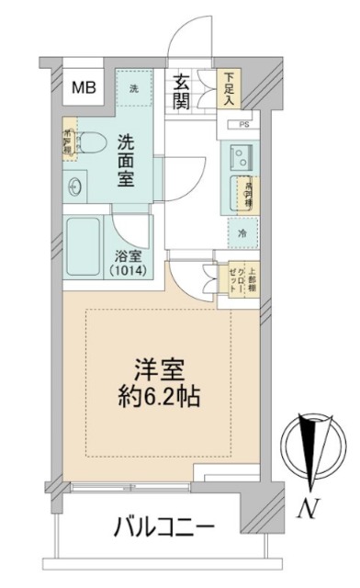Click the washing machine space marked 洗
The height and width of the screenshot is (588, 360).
point(134,89)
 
